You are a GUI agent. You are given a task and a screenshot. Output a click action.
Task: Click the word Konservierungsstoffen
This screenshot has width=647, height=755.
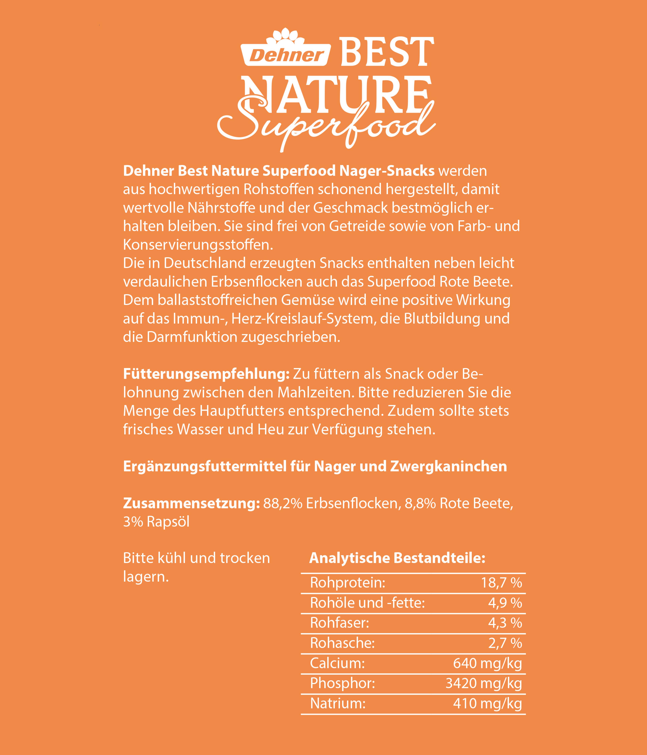[x=198, y=245]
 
